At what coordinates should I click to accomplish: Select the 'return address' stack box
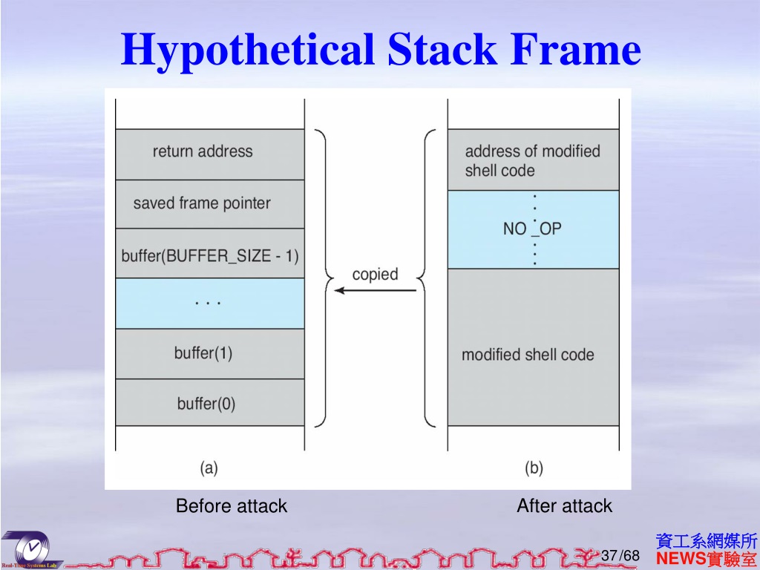209,154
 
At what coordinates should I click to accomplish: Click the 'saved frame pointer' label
202,203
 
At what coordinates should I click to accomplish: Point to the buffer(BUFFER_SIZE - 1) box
209,256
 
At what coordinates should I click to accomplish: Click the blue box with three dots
209,304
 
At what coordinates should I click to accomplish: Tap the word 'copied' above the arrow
375,274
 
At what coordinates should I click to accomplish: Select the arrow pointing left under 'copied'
375,290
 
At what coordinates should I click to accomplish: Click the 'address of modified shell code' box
532,160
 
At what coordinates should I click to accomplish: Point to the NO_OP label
532,229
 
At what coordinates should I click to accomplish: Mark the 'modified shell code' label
528,355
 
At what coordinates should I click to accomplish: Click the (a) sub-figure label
209,468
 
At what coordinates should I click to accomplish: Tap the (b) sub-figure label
534,468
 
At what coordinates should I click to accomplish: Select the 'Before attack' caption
231,506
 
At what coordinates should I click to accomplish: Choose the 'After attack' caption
564,506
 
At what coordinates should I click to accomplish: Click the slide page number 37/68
620,556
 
